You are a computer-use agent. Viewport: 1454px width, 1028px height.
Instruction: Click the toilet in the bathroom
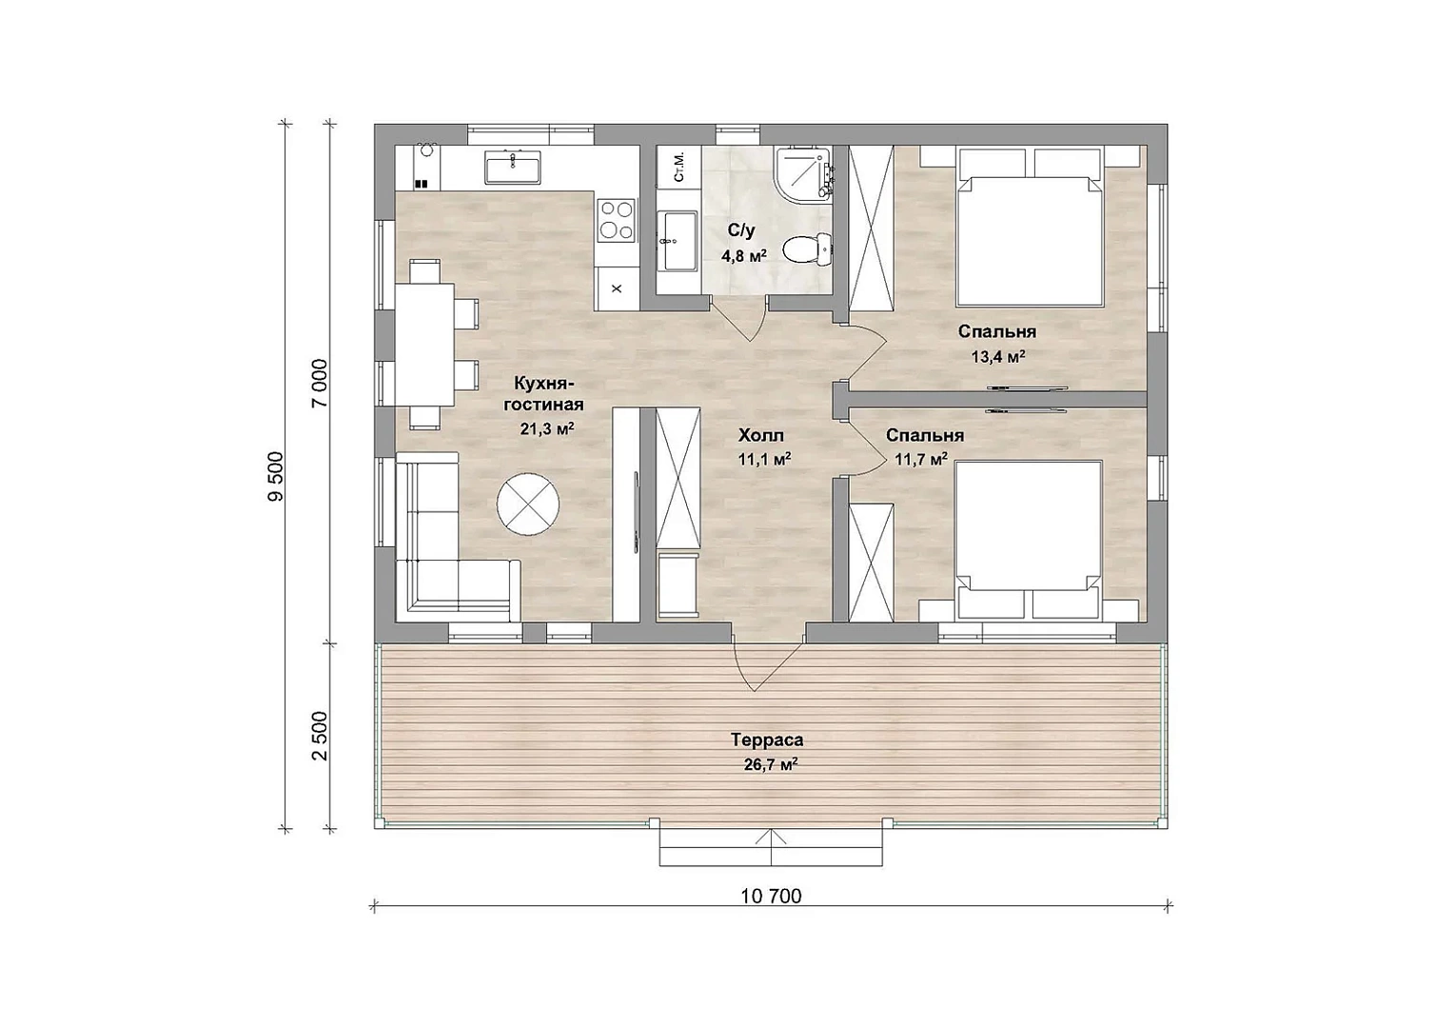807,248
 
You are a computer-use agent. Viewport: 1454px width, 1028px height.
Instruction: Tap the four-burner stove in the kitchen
616,219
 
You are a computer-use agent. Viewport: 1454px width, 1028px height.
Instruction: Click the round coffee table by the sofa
528,504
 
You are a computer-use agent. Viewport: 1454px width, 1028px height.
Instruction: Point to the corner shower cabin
803,173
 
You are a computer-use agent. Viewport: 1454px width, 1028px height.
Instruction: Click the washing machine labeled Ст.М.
679,168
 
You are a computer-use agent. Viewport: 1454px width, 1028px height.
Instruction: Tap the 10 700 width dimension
771,897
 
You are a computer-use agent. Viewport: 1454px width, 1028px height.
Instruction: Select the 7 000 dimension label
320,384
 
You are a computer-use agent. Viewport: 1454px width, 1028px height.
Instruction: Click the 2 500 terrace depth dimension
320,736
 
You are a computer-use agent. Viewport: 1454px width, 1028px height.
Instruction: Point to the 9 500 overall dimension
275,476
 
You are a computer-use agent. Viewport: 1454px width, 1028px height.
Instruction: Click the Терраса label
767,740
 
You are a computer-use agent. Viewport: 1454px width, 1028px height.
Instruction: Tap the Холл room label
760,434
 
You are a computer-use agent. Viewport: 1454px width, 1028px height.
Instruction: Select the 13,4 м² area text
997,356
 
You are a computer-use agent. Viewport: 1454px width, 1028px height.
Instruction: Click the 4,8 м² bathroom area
744,256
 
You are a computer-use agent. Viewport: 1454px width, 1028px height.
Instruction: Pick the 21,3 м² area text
546,428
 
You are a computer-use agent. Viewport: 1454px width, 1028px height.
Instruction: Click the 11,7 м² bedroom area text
921,460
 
